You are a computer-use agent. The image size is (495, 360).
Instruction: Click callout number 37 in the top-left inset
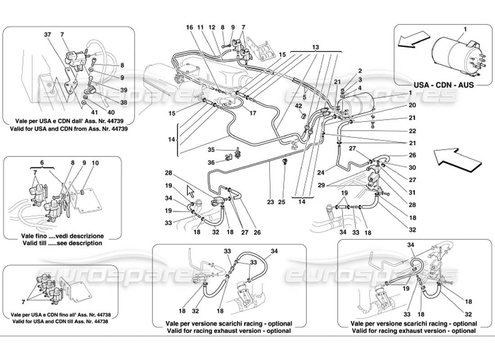pos(48,34)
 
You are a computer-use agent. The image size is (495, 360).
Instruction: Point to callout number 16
pos(190,27)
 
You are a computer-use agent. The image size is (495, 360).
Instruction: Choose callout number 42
pos(299,106)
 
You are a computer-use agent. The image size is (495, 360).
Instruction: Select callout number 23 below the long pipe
pos(270,202)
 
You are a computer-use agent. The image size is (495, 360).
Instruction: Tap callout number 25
pos(281,202)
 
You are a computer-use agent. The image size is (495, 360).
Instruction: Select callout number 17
pos(253,113)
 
